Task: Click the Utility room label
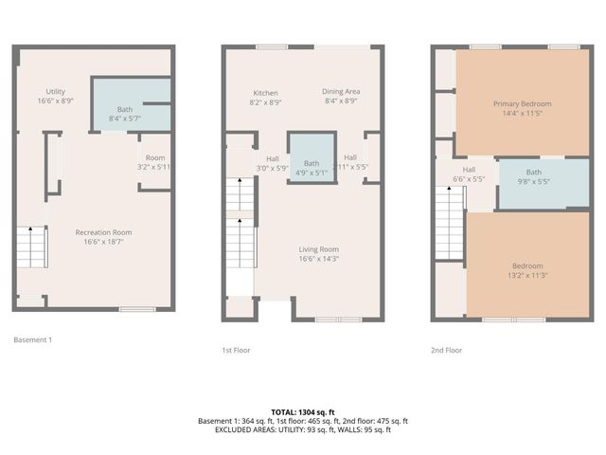[55, 95]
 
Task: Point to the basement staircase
[33, 248]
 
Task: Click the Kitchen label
[265, 97]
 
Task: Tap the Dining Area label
[342, 97]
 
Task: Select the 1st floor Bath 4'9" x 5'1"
[312, 168]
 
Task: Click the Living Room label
[318, 253]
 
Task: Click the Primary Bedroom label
[522, 109]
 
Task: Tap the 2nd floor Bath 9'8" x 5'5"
[534, 177]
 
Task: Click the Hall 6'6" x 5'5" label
[469, 173]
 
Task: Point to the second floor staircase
[448, 221]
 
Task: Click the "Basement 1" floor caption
[33, 338]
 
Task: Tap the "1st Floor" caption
[236, 350]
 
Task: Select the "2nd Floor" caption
[446, 350]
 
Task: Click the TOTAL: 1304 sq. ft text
[302, 412]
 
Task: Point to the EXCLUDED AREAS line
[302, 429]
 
